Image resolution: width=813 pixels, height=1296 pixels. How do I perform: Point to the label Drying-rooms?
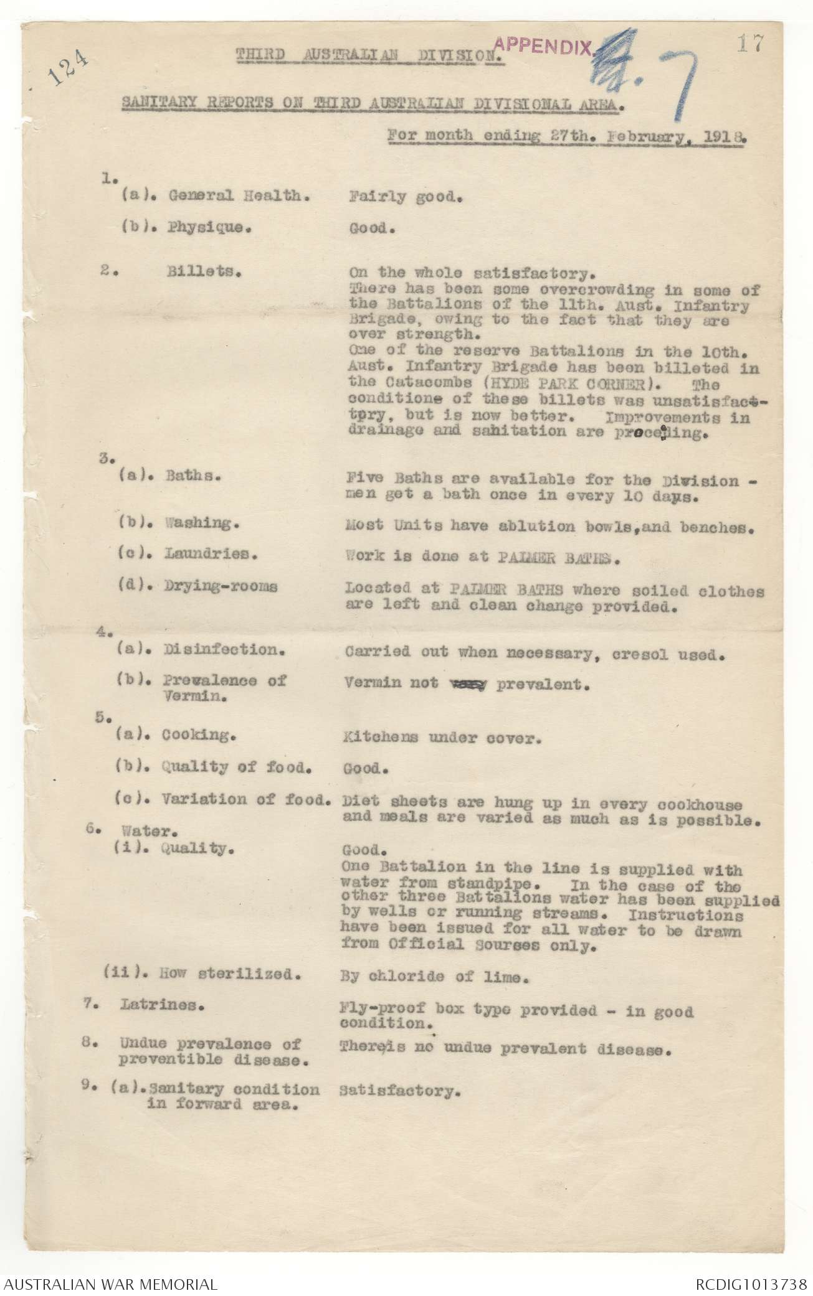[222, 586]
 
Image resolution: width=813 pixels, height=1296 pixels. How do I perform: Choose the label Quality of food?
[237, 767]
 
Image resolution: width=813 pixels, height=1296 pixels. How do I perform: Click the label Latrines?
[164, 1006]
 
